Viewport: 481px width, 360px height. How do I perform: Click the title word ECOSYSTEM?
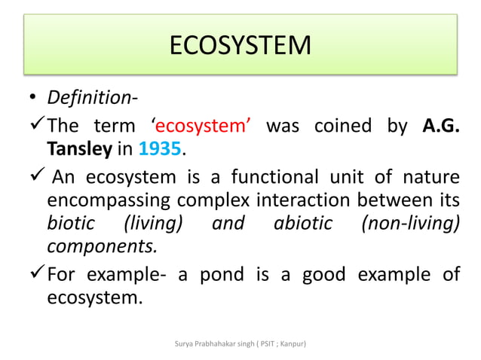click(240, 46)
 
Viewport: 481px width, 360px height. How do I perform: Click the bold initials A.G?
click(441, 125)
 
